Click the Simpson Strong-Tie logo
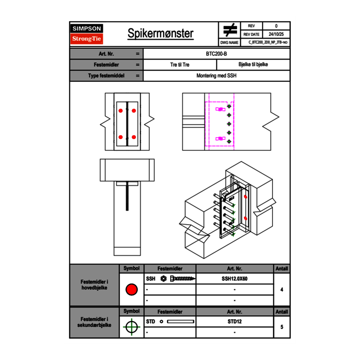pyautogui.click(x=87, y=34)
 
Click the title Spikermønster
pyautogui.click(x=160, y=34)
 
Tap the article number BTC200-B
pyautogui.click(x=217, y=54)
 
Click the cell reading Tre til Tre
pyautogui.click(x=180, y=65)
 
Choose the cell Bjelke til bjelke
pyautogui.click(x=253, y=65)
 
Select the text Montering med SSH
pyautogui.click(x=216, y=76)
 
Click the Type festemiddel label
pyautogui.click(x=106, y=76)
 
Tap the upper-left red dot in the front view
pyautogui.click(x=121, y=110)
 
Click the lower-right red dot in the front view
pyautogui.click(x=134, y=137)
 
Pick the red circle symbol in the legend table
pyautogui.click(x=131, y=290)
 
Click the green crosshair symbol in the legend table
pyautogui.click(x=131, y=327)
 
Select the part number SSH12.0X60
pyautogui.click(x=234, y=279)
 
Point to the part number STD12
pyautogui.click(x=234, y=322)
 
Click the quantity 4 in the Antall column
pyautogui.click(x=281, y=290)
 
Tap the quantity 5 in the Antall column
pyautogui.click(x=281, y=327)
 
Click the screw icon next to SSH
pyautogui.click(x=182, y=279)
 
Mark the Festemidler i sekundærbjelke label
pyautogui.click(x=94, y=322)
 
